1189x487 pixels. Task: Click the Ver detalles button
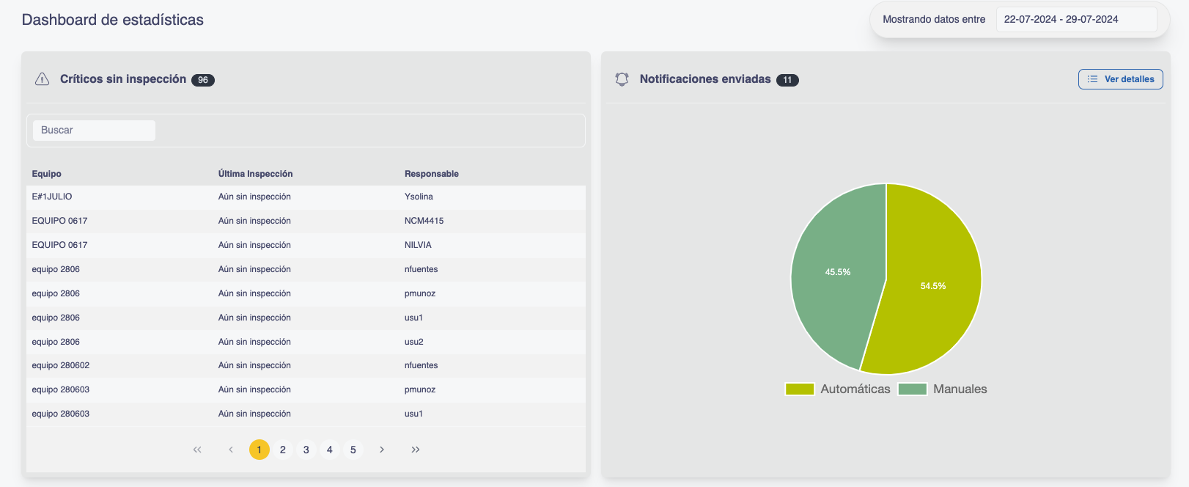(x=1120, y=79)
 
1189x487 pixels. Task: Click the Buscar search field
(x=94, y=131)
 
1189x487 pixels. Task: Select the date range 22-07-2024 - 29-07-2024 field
(x=1075, y=20)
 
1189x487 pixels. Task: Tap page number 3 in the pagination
(x=306, y=450)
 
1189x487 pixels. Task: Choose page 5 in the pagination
(x=353, y=450)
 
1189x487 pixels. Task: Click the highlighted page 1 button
(x=259, y=450)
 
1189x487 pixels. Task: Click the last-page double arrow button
(x=416, y=450)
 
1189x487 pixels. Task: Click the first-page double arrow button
(x=197, y=450)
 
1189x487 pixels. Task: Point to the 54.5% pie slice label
(x=933, y=286)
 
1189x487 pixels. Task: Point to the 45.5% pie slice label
(x=838, y=272)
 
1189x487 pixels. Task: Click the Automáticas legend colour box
(x=800, y=389)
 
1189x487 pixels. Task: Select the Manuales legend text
(x=960, y=389)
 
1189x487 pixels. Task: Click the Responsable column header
(x=432, y=174)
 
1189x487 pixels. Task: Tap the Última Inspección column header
(x=255, y=174)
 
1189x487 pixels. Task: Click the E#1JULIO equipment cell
(x=52, y=197)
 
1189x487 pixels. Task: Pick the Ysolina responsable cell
(x=419, y=197)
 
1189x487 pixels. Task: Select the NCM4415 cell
(x=424, y=221)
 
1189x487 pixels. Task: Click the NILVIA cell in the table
(x=418, y=245)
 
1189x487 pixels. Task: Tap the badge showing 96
(x=203, y=80)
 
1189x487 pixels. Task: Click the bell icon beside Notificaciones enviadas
(x=622, y=79)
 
